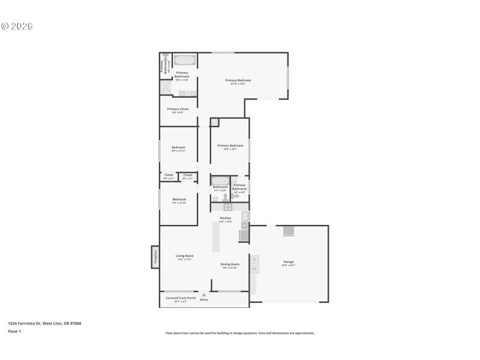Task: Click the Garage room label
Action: (x=289, y=262)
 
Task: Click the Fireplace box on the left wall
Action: (x=155, y=257)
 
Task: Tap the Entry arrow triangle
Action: (x=204, y=295)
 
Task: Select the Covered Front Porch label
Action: (x=181, y=298)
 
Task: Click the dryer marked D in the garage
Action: (x=254, y=259)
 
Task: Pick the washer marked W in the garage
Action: (x=254, y=269)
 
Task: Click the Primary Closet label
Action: (x=178, y=110)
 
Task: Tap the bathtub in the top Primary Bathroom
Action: (x=185, y=60)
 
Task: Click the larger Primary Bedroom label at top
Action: (x=238, y=81)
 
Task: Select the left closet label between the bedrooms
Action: (x=169, y=176)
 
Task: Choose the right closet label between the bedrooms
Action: (x=188, y=176)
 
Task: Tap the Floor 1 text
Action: (x=14, y=331)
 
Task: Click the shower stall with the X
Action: (x=166, y=88)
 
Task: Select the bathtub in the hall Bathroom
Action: (x=220, y=181)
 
